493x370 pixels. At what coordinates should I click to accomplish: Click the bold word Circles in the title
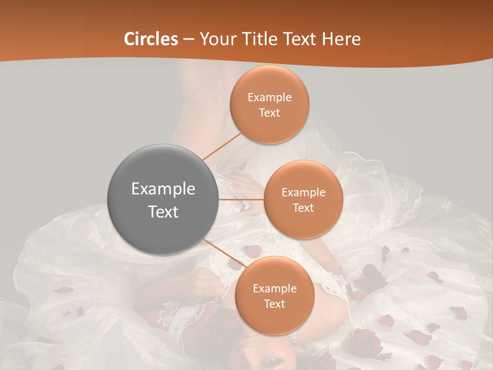151,39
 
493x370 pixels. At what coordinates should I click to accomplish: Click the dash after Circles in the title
188,40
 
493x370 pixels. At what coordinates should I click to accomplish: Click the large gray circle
163,199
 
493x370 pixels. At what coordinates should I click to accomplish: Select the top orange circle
269,104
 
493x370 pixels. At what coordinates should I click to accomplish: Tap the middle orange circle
303,199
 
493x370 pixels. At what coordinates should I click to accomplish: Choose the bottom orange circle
274,295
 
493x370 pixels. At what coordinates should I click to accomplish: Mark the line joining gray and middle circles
241,199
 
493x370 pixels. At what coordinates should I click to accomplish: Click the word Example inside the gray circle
163,189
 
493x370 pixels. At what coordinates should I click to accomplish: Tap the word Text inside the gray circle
163,211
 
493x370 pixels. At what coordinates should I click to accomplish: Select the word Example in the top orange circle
270,97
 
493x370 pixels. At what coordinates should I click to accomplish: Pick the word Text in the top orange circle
270,113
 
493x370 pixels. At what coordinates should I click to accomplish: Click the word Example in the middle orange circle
304,192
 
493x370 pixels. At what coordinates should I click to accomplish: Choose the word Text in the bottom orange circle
275,304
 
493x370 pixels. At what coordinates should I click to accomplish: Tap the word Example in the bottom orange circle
275,288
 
